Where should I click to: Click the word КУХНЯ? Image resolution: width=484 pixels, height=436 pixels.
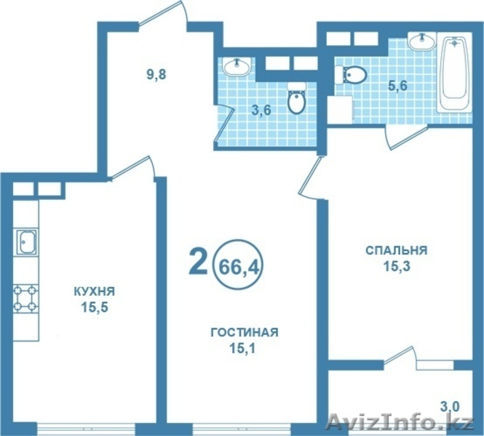coord(94,291)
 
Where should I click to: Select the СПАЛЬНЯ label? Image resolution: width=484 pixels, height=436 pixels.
coord(395,251)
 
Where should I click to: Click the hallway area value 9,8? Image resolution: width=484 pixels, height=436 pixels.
coord(156,73)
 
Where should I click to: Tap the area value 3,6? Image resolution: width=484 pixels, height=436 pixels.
coord(263,110)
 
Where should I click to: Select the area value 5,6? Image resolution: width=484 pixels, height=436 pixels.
coord(397,86)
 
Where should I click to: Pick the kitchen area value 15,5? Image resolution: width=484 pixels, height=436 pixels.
coord(95,307)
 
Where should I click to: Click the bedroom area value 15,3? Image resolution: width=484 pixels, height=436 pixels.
coord(395,267)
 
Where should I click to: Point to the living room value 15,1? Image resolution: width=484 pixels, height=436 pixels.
coord(244,348)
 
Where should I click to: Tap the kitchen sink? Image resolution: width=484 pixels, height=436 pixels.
coord(27,241)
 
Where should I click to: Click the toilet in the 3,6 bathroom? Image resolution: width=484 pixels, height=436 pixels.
coord(296,100)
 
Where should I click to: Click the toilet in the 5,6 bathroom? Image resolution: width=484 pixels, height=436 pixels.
coord(351,74)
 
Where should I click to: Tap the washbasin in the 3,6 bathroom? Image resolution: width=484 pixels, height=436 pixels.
coord(237,68)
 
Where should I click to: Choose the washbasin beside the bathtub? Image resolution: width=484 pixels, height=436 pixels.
coord(421,42)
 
